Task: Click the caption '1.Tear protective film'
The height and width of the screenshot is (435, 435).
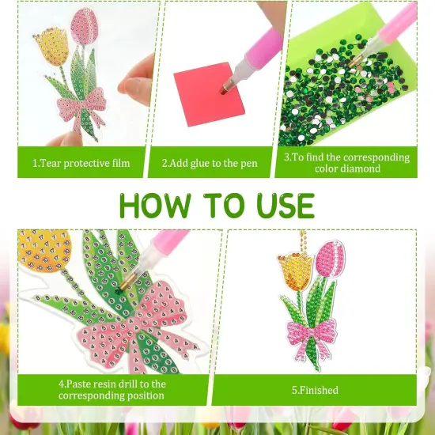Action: [81, 163]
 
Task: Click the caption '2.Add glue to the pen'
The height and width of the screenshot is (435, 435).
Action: [210, 163]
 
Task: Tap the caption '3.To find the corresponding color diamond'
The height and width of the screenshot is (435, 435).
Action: [346, 162]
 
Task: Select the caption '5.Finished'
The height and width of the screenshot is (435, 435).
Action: [314, 390]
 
